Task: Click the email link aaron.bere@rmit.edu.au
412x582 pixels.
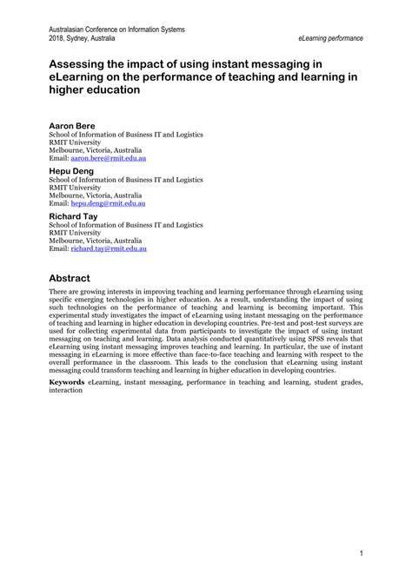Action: point(108,158)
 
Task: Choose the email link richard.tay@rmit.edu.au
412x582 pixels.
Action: point(109,248)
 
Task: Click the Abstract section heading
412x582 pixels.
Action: point(76,278)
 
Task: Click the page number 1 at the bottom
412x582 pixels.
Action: point(360,552)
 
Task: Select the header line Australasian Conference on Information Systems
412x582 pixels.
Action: point(116,30)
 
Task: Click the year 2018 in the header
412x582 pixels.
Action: point(57,39)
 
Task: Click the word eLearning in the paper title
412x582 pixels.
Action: point(81,76)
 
